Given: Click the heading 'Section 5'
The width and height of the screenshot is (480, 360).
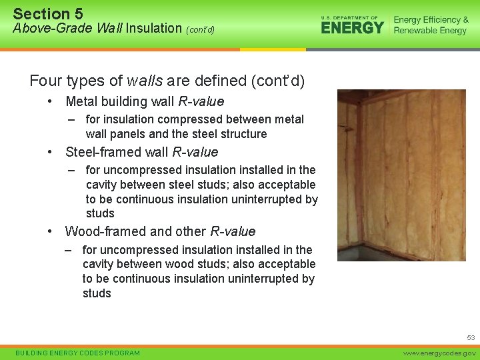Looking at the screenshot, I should [x=48, y=13].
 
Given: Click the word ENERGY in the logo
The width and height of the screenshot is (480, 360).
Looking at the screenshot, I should [x=352, y=28].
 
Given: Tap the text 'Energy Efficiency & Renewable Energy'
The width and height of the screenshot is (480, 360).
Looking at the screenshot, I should [x=431, y=25].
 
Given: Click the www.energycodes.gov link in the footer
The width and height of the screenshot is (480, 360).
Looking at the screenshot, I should [x=439, y=353].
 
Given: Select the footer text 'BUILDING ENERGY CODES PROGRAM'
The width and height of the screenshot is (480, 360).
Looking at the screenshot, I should [x=77, y=353].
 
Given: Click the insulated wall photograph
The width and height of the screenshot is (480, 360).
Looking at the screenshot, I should [x=401, y=175].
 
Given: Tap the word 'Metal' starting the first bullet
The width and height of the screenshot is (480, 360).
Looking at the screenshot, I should [x=81, y=101].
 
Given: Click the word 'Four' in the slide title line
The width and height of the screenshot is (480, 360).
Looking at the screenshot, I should [x=45, y=81].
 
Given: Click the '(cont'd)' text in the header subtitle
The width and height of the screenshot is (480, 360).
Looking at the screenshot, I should [x=200, y=29].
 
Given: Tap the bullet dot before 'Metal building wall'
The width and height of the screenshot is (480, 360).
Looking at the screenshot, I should [x=51, y=101].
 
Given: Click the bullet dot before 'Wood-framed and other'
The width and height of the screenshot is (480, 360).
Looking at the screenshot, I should [x=51, y=231].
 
